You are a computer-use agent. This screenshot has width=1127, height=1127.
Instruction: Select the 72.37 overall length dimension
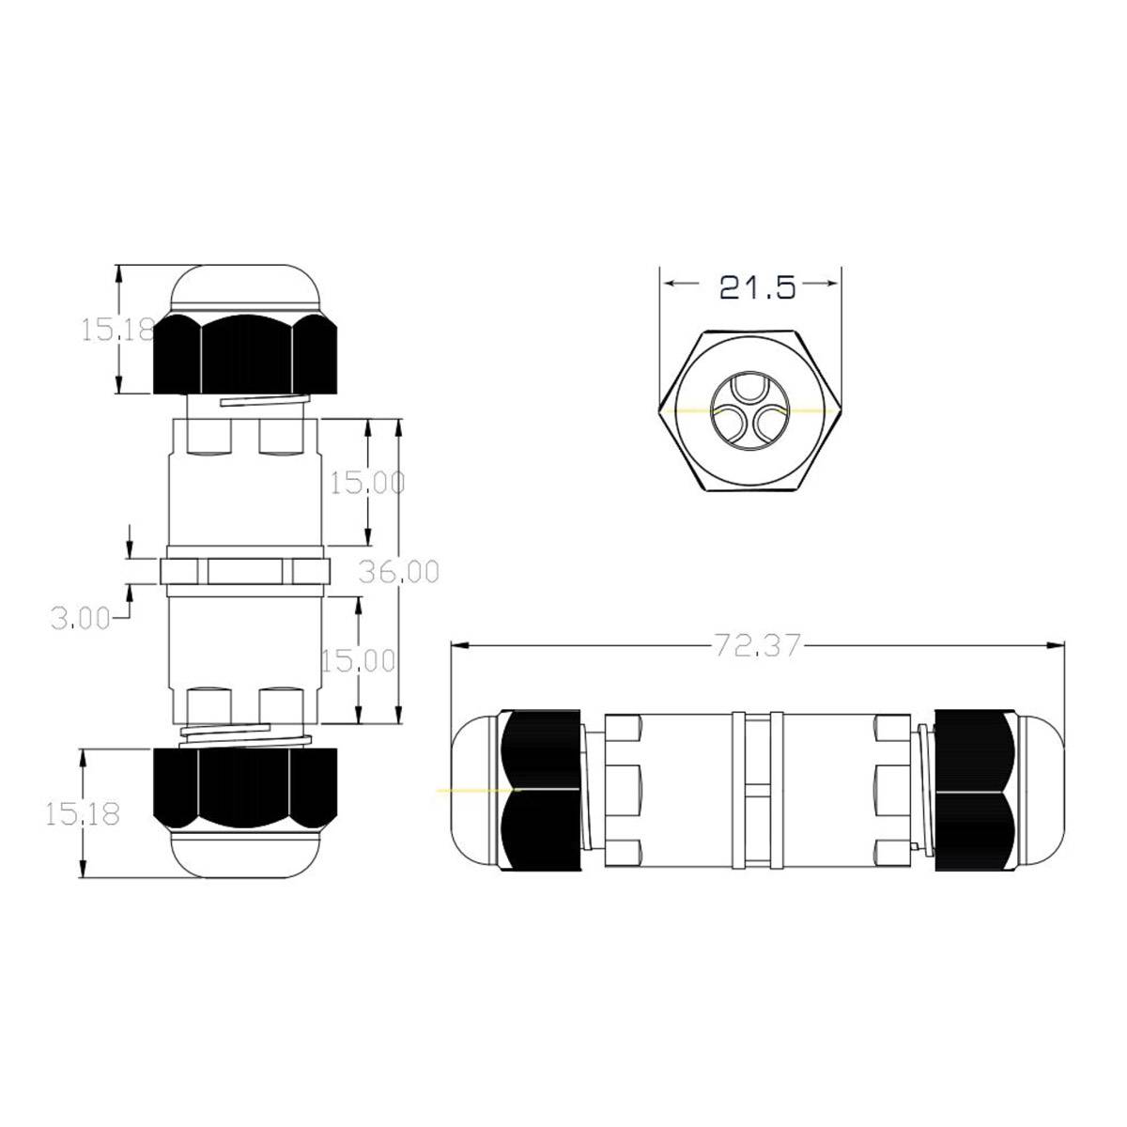pos(756,646)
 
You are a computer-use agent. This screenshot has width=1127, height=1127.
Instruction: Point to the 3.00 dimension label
pos(79,617)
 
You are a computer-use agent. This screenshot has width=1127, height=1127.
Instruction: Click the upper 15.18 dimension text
pos(115,330)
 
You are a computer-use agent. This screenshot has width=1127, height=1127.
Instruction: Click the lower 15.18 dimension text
pos(83,813)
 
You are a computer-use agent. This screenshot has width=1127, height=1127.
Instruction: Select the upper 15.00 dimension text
pos(366,483)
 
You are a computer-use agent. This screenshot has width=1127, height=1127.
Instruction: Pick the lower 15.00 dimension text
pos(357,660)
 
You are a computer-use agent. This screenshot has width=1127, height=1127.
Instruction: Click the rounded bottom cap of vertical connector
pos(246,853)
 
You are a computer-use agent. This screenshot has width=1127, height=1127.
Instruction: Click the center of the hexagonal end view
pos(749,411)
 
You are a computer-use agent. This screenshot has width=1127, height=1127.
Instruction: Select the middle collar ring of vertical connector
pos(246,570)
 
